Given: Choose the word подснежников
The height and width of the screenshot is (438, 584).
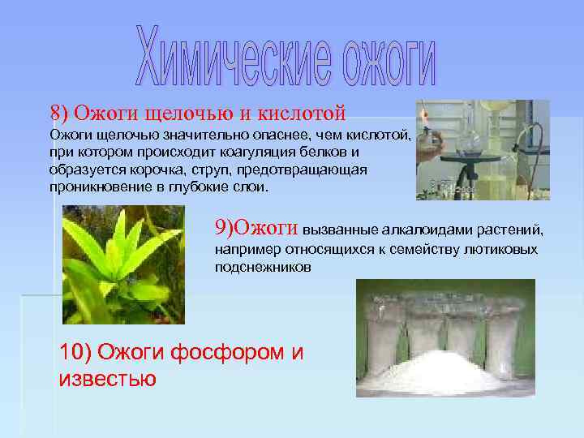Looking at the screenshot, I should pos(263,267).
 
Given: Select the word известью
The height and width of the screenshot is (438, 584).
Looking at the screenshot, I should pos(108,378).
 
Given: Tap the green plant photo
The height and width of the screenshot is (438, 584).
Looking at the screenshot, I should pos(123,264).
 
